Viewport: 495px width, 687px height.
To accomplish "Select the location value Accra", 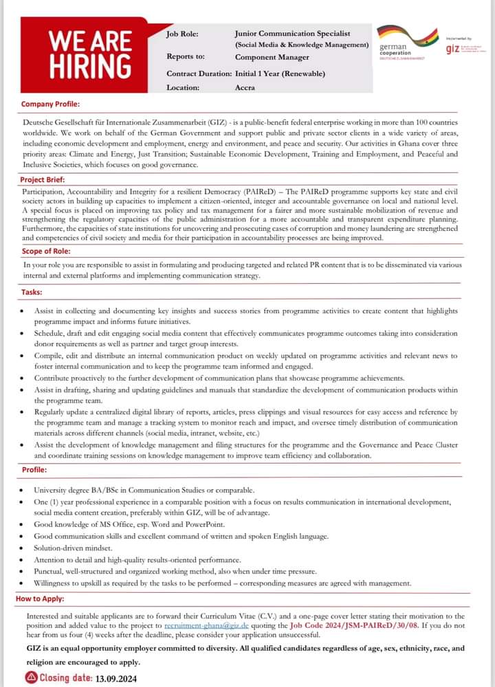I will pyautogui.click(x=245, y=87).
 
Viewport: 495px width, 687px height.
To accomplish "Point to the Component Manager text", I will pyautogui.click(x=269, y=58).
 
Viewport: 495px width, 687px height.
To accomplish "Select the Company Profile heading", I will pyautogui.click(x=50, y=104).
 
